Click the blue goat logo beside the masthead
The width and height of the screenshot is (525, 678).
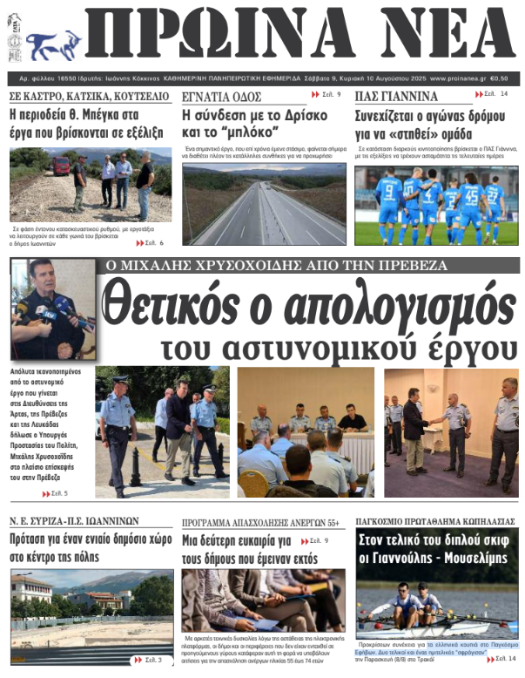tap(51, 43)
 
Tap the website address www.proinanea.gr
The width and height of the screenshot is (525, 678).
tap(457, 77)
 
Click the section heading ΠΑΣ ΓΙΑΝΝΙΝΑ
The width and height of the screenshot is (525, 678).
tap(395, 96)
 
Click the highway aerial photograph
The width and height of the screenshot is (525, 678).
tap(264, 205)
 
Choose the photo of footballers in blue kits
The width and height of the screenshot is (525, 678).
tap(435, 205)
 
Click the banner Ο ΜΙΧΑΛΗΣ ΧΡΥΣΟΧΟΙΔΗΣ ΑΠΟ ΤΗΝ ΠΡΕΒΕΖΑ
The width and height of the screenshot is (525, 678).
tap(275, 265)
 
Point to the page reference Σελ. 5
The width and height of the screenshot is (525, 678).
tap(54, 493)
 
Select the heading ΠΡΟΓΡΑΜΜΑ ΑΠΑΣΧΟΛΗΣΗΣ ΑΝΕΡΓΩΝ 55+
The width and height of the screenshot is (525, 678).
tap(260, 523)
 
